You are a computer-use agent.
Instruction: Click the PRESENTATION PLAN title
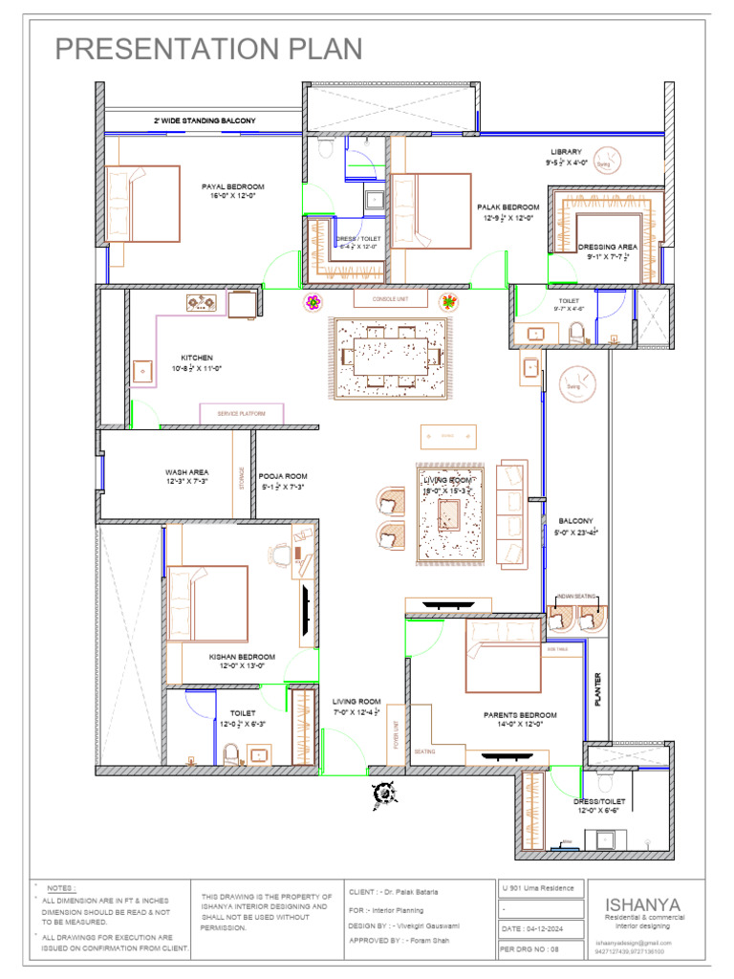tap(208, 50)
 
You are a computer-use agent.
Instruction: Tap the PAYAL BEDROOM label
tap(232, 186)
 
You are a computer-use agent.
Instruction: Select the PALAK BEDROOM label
tap(508, 207)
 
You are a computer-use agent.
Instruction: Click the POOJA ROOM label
tap(283, 475)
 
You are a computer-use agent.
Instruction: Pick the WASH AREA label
tap(186, 471)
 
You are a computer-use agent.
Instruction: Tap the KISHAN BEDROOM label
tap(242, 657)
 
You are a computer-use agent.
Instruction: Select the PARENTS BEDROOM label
tap(520, 715)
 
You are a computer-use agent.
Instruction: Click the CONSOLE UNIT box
tap(390, 299)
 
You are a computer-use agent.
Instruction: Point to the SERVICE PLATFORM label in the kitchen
tap(242, 414)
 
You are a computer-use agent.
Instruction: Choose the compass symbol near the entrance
tap(385, 793)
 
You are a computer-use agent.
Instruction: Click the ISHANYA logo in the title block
tap(642, 904)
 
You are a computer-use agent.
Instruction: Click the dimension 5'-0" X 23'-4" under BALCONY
tap(577, 532)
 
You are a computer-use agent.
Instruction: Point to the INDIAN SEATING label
tap(576, 597)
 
